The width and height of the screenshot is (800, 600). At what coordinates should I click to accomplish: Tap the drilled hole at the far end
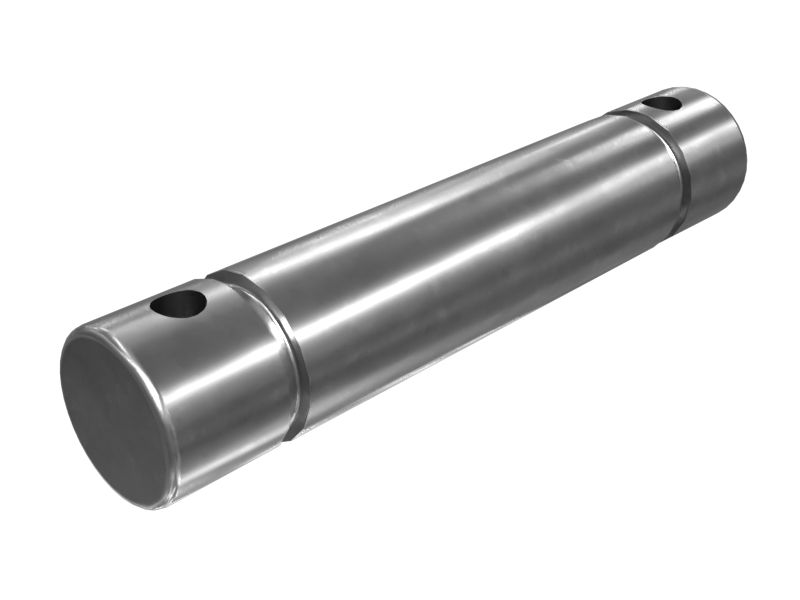tap(662, 102)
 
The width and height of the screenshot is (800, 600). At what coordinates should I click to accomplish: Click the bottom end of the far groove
tap(682, 225)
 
